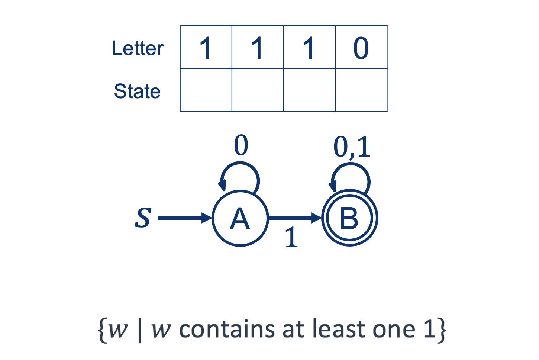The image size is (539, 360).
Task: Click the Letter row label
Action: coord(138,48)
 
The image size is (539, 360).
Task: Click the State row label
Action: coord(137,91)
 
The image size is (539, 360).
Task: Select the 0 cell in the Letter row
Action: coord(361,48)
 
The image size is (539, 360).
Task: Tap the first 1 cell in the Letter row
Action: coord(206,48)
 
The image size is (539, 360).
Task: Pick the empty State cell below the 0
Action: coord(361,90)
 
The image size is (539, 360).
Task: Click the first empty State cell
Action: coord(206,90)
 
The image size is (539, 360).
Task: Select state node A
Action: coord(240,218)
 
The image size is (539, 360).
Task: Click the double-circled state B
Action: coord(349,218)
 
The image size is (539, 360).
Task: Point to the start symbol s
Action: coord(143,218)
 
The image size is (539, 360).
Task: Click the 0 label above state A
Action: coord(241,145)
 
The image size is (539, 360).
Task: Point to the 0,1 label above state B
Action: coord(352,147)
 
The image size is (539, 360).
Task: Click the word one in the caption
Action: coord(394,330)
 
